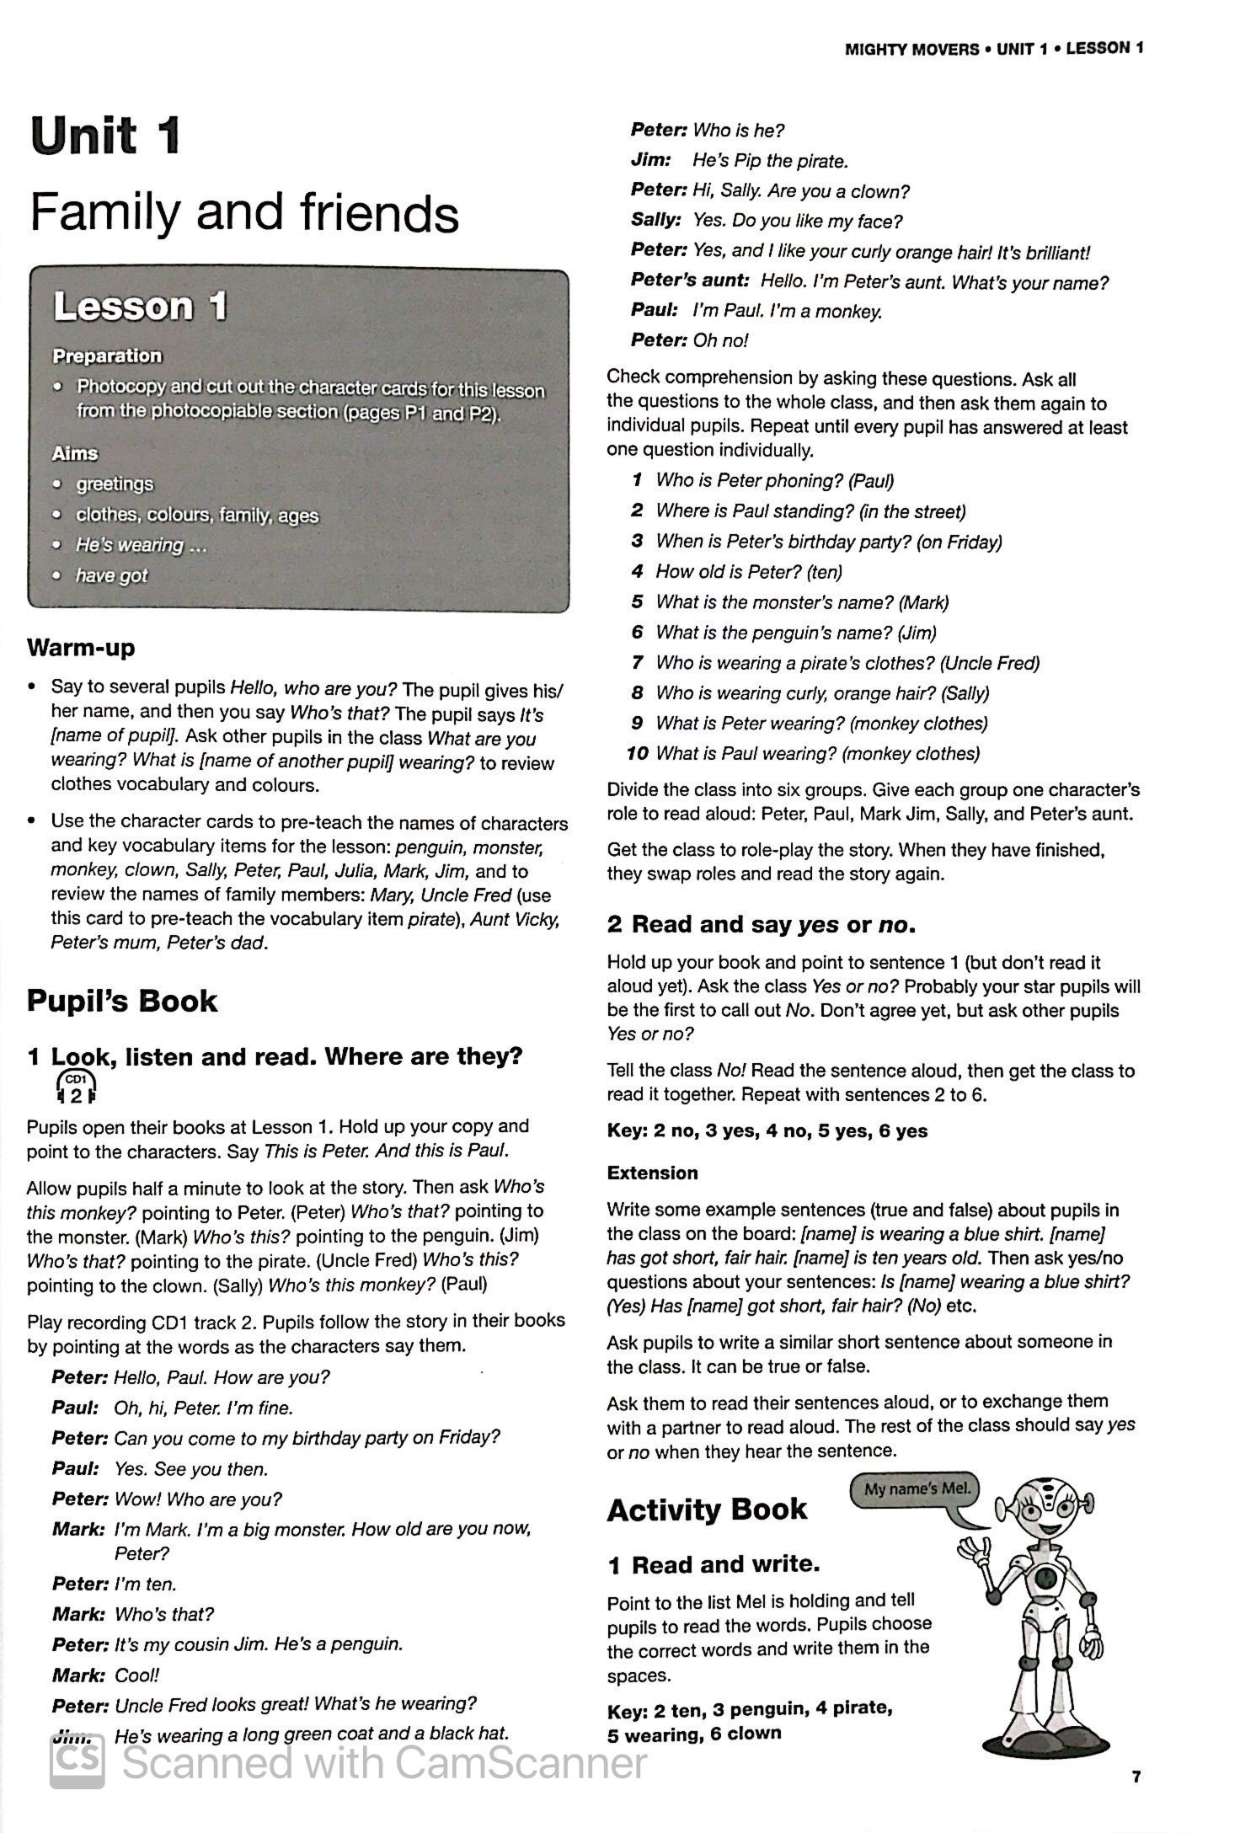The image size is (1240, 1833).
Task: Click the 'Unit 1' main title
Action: (x=105, y=136)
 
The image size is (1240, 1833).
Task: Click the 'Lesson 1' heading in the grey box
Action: (x=140, y=307)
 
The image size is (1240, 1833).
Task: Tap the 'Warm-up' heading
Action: (x=81, y=648)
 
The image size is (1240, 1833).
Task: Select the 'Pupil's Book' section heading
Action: (x=122, y=1001)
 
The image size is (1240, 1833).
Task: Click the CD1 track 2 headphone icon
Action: (x=76, y=1088)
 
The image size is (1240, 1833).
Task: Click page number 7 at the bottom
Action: (x=1136, y=1777)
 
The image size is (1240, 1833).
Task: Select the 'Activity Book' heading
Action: (x=707, y=1510)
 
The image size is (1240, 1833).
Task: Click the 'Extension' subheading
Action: (x=652, y=1173)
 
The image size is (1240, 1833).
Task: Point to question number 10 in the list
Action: (x=637, y=753)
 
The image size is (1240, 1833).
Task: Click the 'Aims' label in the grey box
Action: (x=75, y=453)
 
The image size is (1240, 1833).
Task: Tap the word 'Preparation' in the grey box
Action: (x=107, y=355)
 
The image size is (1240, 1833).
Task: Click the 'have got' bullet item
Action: (x=111, y=575)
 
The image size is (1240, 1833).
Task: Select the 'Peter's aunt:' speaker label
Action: (x=689, y=281)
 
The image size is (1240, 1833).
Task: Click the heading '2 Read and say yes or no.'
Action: (x=761, y=924)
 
